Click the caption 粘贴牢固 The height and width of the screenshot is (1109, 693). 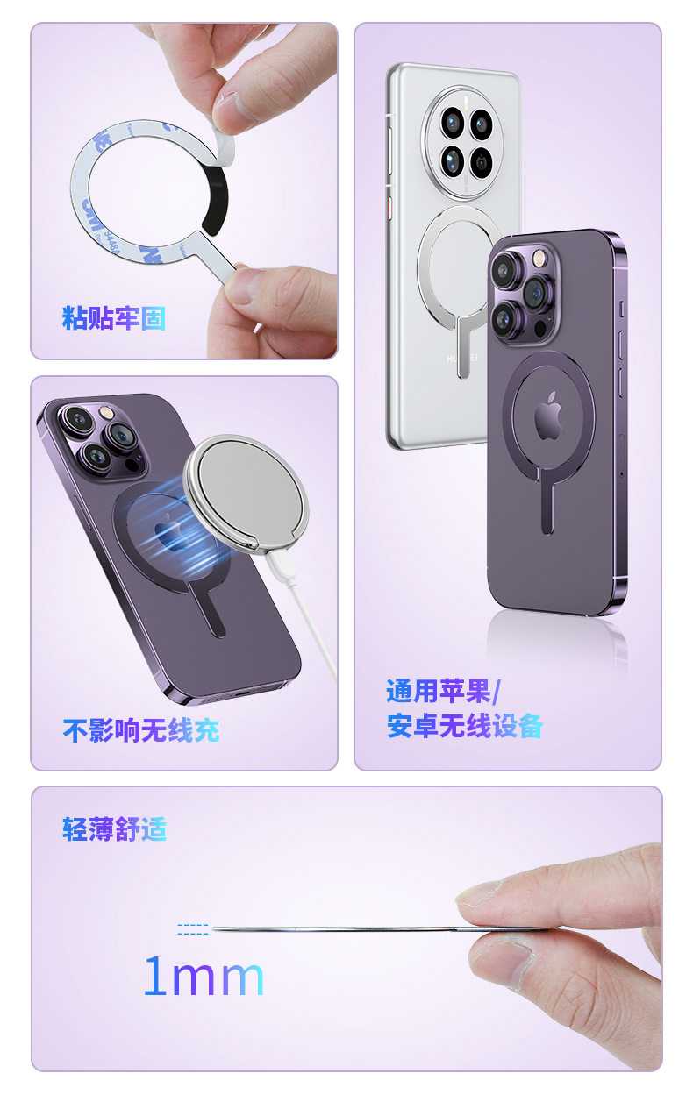(113, 318)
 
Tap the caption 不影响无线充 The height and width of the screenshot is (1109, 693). (141, 729)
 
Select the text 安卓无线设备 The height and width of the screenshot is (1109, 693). (465, 726)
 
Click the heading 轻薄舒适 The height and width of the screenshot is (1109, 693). (114, 828)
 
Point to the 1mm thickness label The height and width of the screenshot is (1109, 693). (204, 975)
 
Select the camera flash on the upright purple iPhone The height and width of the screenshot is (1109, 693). (538, 257)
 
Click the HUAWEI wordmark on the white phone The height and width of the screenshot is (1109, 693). (461, 358)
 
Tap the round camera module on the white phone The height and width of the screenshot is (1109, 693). (462, 143)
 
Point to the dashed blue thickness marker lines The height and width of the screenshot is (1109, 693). (193, 928)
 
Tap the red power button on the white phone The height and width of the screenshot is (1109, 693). (389, 208)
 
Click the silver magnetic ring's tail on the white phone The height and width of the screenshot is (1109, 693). (463, 346)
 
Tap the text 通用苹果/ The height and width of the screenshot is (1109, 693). (444, 691)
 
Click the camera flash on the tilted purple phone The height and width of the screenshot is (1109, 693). (104, 411)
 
